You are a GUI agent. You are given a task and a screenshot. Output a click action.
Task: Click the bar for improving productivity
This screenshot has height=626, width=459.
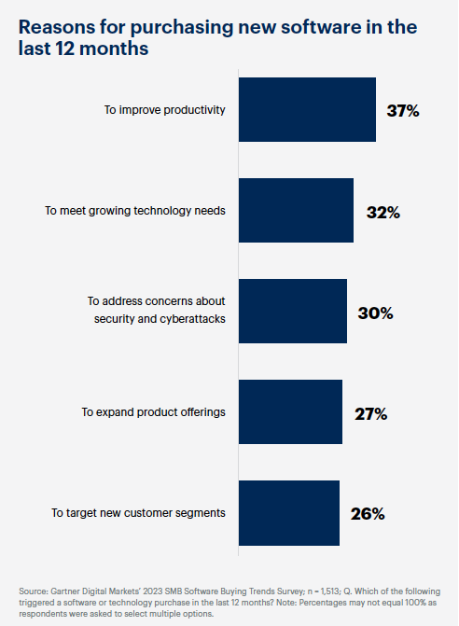[307, 110]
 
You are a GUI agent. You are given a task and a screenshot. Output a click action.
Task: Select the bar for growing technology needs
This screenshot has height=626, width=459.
[296, 211]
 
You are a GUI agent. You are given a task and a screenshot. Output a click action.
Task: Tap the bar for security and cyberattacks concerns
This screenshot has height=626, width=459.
[293, 312]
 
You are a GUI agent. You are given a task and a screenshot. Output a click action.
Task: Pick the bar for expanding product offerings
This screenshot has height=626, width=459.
[290, 412]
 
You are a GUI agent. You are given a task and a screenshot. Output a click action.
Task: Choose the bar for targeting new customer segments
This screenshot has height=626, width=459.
[288, 513]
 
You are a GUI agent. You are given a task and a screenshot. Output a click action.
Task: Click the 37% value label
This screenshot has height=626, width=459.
[403, 111]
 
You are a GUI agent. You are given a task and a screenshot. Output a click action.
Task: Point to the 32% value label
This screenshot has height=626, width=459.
[382, 212]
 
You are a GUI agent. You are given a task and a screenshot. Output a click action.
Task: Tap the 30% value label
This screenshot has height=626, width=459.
[375, 313]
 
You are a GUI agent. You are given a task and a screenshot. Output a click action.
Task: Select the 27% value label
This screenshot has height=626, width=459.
[370, 413]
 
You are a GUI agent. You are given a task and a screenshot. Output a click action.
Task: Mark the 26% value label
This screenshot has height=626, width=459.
[368, 514]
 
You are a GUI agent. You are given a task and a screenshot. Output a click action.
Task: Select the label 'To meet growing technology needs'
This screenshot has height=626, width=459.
[135, 211]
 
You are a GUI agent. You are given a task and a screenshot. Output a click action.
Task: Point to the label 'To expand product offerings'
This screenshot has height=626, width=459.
[153, 412]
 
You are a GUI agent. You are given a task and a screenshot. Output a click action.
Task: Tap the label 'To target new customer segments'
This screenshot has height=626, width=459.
[139, 513]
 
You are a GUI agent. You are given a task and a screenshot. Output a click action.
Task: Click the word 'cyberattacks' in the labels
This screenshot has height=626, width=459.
[191, 319]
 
